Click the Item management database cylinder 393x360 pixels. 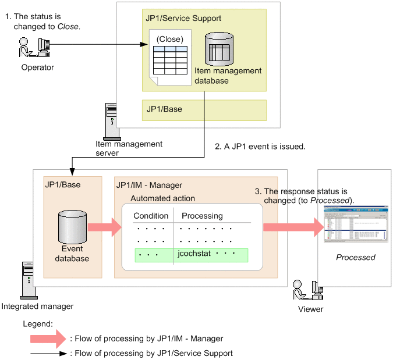pyautogui.click(x=220, y=49)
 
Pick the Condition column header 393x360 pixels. pyautogui.click(x=151, y=216)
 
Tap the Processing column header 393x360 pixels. pyautogui.click(x=202, y=216)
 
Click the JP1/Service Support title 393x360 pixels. pyautogui.click(x=180, y=19)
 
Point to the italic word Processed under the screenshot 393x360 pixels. pyautogui.click(x=356, y=257)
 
